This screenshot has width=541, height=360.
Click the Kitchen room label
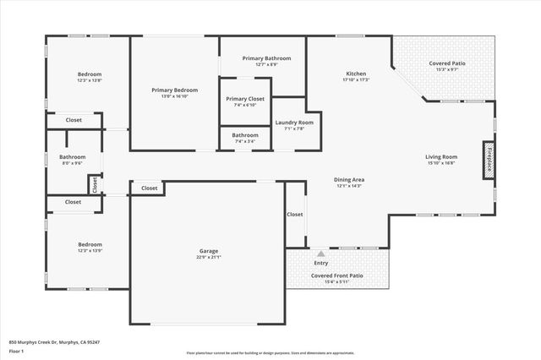coord(355,74)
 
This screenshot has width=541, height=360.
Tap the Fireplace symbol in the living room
coord(489,161)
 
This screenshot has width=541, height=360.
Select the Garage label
coord(209,251)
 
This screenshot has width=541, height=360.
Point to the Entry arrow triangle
coord(320,253)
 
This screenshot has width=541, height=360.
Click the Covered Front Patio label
coord(337,275)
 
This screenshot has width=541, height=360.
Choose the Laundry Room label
coord(294,123)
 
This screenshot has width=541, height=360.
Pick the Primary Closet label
coord(245,99)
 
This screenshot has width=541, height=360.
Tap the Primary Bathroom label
coord(266,58)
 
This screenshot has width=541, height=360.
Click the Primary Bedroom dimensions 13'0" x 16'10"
coord(175,96)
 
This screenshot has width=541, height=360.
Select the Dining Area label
coord(349,179)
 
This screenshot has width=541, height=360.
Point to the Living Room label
coord(440,156)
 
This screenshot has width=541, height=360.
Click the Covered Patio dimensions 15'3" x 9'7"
coord(447,70)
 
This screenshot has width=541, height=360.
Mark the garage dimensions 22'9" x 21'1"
coord(209,258)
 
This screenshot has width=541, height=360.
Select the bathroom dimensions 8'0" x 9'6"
coord(72,163)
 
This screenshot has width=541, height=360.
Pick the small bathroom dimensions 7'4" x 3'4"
coord(245,141)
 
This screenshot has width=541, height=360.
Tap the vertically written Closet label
coord(95,183)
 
